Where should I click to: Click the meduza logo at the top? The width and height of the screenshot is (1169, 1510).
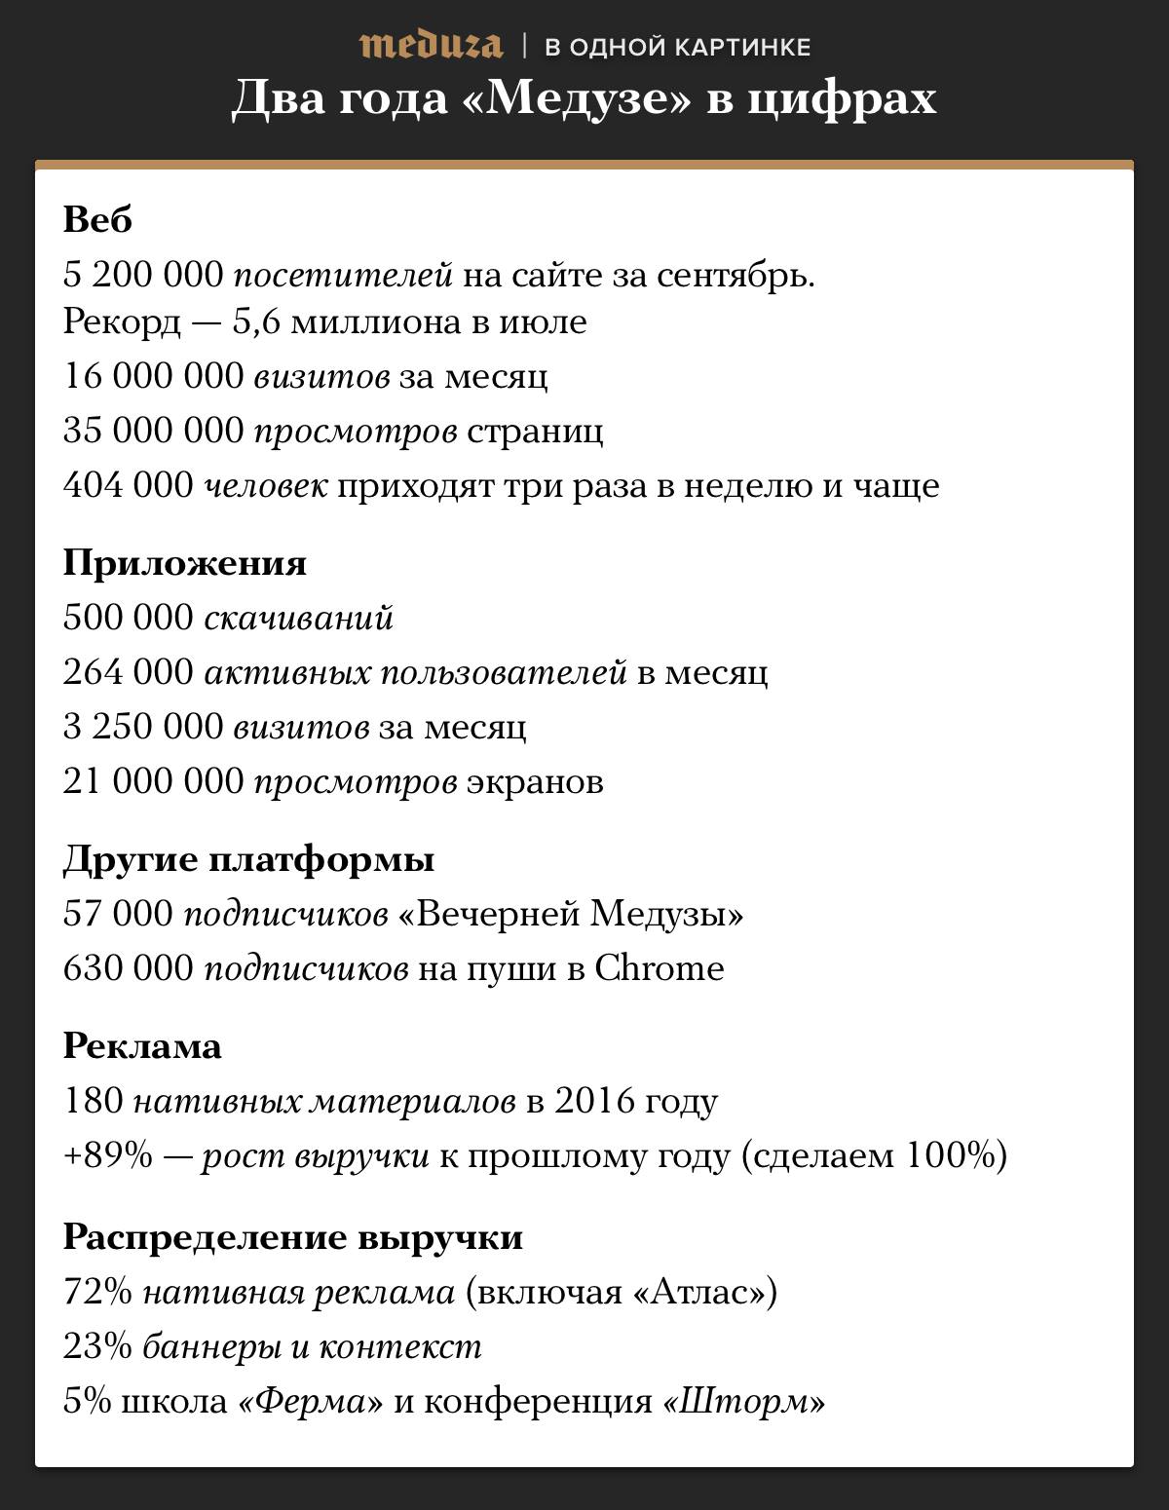click(x=431, y=45)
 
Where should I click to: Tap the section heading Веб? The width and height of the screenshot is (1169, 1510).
click(x=97, y=220)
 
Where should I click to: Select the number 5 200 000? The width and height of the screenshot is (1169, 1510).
click(x=143, y=276)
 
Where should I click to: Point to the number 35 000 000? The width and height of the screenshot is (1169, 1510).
click(x=153, y=431)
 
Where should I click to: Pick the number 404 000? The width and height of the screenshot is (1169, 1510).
click(x=128, y=485)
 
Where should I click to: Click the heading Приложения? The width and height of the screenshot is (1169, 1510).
click(x=185, y=563)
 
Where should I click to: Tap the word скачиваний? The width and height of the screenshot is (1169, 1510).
click(x=298, y=618)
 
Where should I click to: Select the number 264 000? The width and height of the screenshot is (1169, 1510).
click(x=128, y=672)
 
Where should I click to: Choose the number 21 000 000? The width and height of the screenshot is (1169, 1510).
click(x=153, y=781)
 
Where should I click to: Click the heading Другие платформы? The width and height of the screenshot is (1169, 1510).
click(x=248, y=859)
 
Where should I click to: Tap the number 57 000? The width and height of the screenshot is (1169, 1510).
click(x=118, y=914)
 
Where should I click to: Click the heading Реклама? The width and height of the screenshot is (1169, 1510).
click(x=142, y=1046)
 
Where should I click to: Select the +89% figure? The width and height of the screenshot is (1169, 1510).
click(x=108, y=1155)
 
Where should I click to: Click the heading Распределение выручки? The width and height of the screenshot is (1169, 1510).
click(x=293, y=1237)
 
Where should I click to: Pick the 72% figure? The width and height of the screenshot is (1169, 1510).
click(x=97, y=1292)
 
